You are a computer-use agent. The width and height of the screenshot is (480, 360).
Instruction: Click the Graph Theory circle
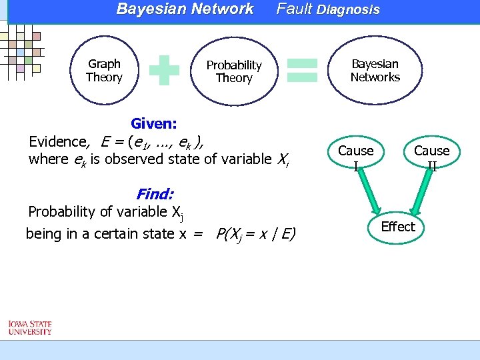click(104, 71)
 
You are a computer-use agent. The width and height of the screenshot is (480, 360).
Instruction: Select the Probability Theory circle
click(233, 71)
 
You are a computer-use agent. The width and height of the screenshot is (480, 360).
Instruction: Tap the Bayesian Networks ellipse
click(375, 71)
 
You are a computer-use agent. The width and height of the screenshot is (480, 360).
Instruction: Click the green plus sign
click(165, 70)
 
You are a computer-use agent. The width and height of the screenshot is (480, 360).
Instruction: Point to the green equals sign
click(301, 69)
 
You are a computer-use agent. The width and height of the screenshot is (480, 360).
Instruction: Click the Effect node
click(398, 227)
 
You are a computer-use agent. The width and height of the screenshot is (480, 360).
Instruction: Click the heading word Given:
click(154, 123)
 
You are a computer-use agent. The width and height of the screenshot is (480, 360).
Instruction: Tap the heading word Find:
click(155, 195)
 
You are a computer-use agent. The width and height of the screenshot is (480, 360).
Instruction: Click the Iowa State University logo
click(30, 327)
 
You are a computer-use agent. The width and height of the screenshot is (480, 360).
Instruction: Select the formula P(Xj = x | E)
click(256, 234)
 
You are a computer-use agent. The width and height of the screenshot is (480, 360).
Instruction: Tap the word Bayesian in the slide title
click(149, 9)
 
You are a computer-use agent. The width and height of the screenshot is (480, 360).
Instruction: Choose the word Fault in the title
click(294, 9)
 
